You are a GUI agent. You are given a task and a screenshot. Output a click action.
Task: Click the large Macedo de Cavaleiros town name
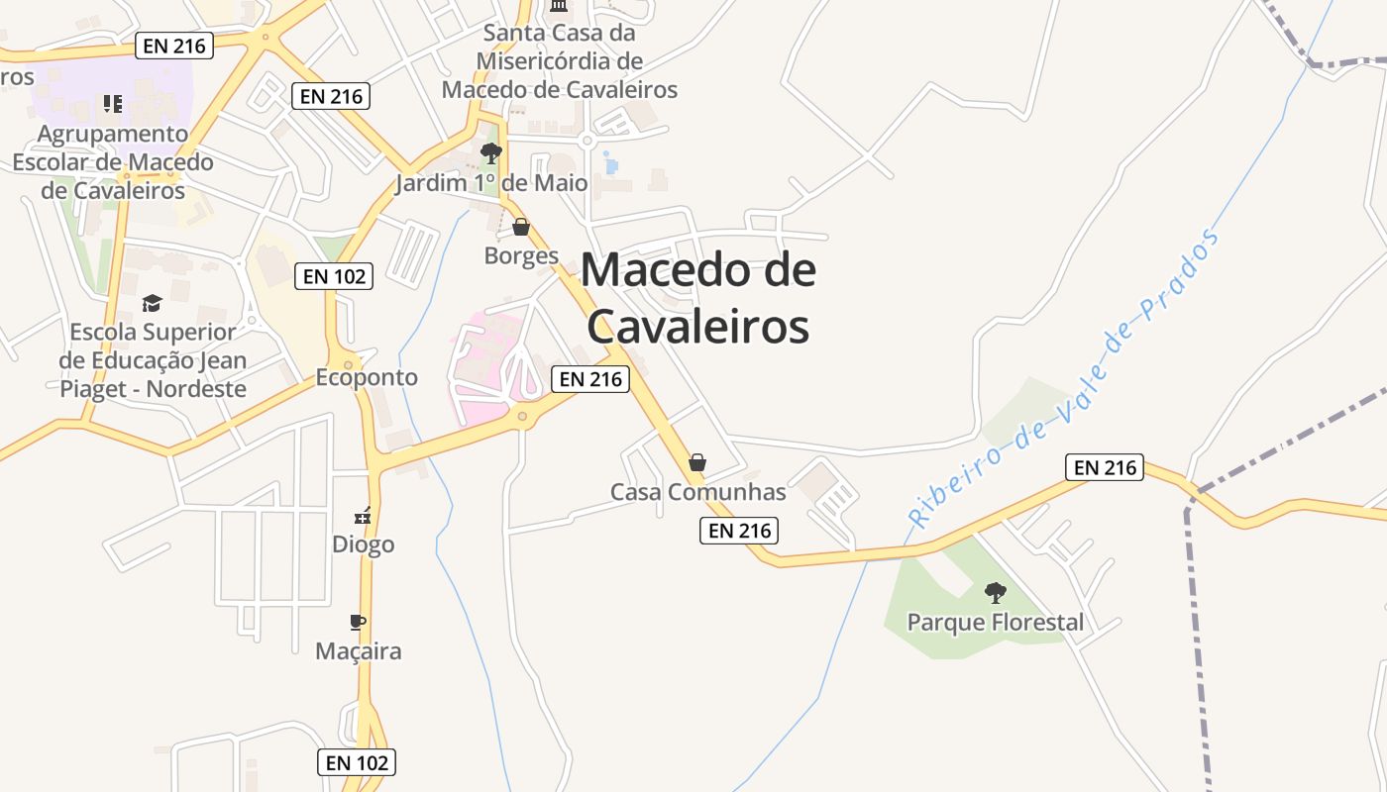(697, 298)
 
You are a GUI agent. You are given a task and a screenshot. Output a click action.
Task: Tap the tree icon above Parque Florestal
(996, 593)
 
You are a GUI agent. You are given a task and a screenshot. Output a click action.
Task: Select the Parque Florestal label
(996, 623)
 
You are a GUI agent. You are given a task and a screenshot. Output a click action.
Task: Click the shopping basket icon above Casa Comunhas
(697, 462)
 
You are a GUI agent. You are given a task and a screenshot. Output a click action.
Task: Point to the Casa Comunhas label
(697, 492)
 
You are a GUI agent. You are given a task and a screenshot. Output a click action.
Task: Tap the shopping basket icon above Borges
(521, 228)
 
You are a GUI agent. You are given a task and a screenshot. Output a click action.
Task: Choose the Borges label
(521, 256)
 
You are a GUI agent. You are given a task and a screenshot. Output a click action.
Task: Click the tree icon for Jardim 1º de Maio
(490, 152)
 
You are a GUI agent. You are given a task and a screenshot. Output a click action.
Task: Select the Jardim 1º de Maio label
(491, 183)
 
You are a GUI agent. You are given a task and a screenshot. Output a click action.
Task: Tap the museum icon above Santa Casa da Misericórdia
(559, 6)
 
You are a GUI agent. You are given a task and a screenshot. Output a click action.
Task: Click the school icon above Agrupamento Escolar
(113, 104)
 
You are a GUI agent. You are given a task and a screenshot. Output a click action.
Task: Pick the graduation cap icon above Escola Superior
(152, 303)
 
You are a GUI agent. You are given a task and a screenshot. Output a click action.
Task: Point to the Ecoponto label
(367, 377)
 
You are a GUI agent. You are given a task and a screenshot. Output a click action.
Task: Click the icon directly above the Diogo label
(363, 515)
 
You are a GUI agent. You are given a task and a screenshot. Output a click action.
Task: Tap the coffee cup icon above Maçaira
(358, 622)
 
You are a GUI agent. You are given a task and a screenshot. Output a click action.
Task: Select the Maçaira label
(358, 651)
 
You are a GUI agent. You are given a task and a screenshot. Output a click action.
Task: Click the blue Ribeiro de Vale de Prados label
(1065, 376)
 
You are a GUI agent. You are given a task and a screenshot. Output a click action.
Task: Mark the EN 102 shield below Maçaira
(357, 762)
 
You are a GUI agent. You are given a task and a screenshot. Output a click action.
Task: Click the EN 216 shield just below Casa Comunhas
(739, 531)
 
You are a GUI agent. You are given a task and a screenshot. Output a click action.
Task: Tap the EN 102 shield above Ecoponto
(334, 276)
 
